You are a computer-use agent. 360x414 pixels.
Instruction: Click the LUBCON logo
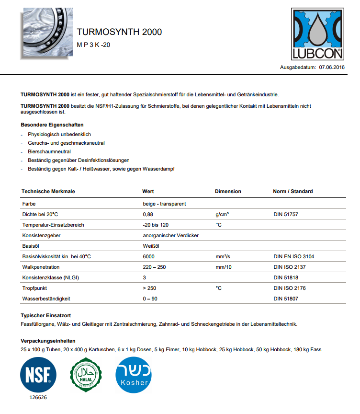click(318, 34)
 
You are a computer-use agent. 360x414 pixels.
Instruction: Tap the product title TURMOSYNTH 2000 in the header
click(119, 32)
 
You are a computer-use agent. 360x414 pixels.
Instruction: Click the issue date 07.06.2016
click(332, 68)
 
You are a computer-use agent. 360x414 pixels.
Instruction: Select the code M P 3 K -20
click(94, 45)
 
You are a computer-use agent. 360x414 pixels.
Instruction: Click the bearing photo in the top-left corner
click(46, 34)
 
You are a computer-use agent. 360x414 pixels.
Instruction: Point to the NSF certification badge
click(38, 374)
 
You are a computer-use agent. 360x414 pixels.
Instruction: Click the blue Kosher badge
click(134, 374)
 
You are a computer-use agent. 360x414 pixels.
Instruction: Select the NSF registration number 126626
click(38, 397)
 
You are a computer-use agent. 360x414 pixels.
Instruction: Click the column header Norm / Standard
click(292, 191)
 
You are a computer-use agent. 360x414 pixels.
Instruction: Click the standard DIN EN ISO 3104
click(294, 256)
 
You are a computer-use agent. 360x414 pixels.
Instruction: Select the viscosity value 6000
click(149, 256)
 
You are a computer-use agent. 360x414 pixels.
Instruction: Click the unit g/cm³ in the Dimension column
click(222, 214)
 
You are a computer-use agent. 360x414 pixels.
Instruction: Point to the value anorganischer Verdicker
click(170, 235)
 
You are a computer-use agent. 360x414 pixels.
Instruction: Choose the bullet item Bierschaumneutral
click(49, 151)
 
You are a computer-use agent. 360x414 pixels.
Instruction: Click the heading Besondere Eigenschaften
click(52, 125)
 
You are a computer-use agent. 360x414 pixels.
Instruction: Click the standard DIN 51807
click(286, 299)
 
